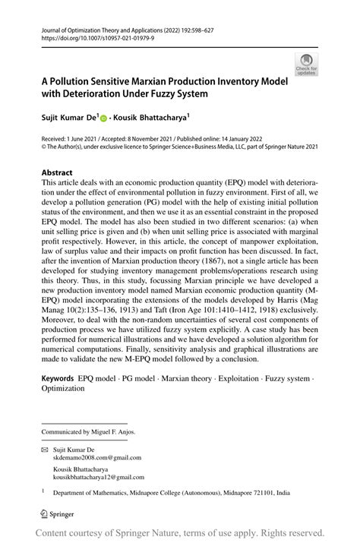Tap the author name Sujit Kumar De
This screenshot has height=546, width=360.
[68, 118]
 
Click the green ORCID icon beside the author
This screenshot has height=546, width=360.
[104, 118]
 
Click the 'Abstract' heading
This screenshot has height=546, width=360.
[57, 172]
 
